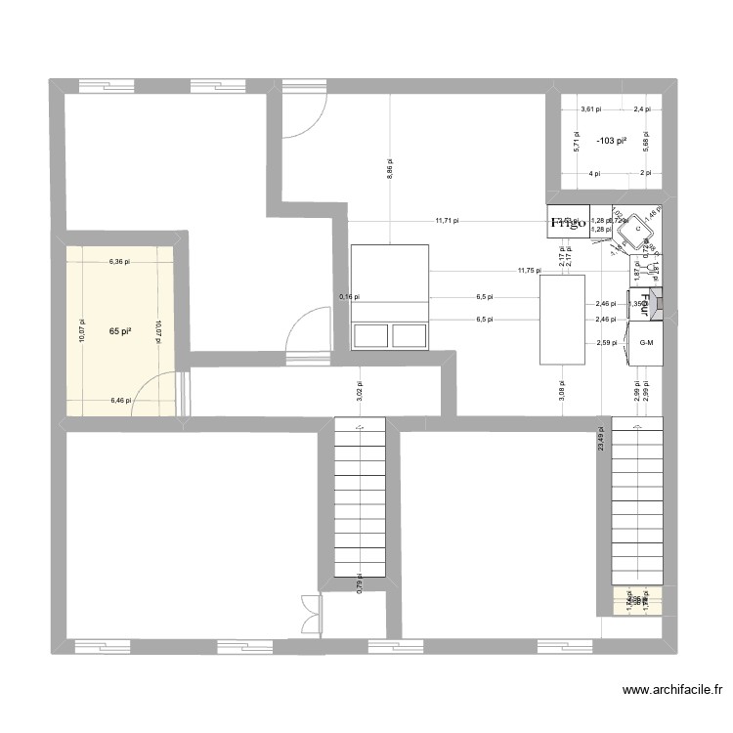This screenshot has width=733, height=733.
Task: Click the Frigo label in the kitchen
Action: (568, 223)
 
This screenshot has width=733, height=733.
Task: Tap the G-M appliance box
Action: (645, 343)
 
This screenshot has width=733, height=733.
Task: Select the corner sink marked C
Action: (636, 229)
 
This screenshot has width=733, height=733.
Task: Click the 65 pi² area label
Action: (120, 331)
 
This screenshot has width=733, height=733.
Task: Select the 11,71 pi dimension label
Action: (448, 221)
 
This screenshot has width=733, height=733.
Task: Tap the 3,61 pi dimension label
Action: (591, 109)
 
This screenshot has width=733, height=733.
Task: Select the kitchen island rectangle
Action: (563, 320)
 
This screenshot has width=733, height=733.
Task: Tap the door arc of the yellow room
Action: (153, 393)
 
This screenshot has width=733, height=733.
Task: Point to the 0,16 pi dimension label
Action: (349, 296)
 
